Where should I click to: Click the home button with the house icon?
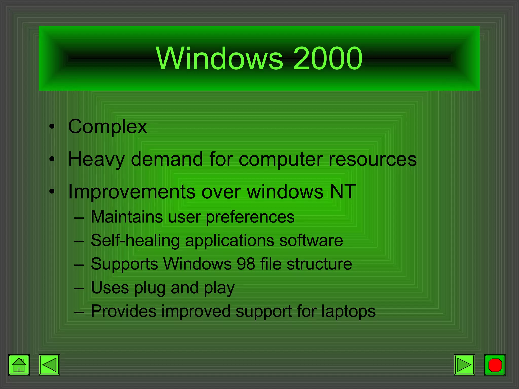(x=19, y=365)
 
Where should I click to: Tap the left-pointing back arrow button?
(x=49, y=365)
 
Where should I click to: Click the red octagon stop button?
(x=495, y=365)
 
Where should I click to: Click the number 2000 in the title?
(x=327, y=59)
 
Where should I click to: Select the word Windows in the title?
(x=219, y=59)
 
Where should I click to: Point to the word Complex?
(x=107, y=127)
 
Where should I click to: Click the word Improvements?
(x=132, y=191)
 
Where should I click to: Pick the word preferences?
(x=250, y=217)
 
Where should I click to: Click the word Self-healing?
(x=135, y=240)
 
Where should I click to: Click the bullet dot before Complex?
(x=52, y=127)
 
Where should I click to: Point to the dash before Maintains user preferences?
(x=79, y=217)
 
